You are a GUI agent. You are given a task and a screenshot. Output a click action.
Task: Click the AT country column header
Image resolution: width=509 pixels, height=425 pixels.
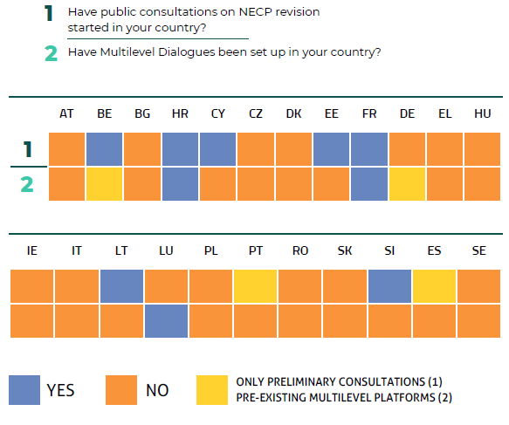click(66, 114)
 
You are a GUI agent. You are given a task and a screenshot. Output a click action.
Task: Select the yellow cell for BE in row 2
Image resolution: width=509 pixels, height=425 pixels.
click(104, 184)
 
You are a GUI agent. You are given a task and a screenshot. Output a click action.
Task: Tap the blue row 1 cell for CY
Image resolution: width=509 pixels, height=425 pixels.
click(217, 149)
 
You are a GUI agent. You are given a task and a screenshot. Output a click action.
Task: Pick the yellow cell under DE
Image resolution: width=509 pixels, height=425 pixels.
click(406, 184)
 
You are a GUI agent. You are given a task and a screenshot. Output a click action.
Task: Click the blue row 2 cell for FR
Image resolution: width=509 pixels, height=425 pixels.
click(368, 184)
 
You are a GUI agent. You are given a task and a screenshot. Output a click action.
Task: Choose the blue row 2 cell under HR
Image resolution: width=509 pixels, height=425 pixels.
click(180, 184)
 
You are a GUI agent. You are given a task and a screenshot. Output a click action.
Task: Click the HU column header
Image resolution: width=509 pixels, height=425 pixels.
click(482, 114)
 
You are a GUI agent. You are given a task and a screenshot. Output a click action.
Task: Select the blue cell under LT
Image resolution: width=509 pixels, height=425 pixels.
click(121, 285)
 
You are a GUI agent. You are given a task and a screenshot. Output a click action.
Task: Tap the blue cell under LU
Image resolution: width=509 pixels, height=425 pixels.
click(166, 320)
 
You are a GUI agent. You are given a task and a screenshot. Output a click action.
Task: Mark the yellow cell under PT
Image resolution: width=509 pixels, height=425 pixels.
click(256, 285)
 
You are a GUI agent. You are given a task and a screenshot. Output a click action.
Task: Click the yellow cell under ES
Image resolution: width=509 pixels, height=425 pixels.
click(434, 285)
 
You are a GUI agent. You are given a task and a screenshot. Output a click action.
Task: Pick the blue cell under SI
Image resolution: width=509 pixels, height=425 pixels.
click(389, 285)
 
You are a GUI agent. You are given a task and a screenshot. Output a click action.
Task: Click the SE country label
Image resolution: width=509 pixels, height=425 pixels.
click(478, 251)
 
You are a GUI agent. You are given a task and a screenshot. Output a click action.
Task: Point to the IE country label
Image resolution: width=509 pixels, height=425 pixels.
click(32, 251)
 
